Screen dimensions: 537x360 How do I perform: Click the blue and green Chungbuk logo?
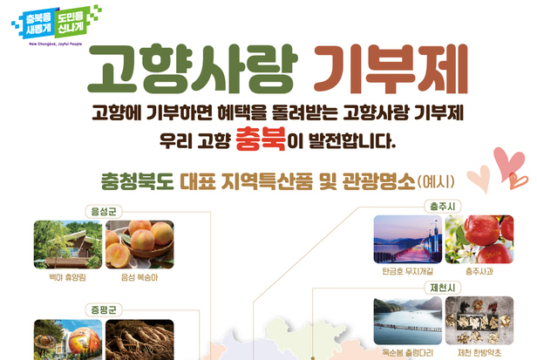click(57, 23)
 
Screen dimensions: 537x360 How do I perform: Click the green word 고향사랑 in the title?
click(193, 69)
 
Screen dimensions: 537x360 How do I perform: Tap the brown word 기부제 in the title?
click(391, 69)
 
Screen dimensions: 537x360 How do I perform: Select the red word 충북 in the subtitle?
click(261, 139)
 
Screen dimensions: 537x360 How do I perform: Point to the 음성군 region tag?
click(104, 211)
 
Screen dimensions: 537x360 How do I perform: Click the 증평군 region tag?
click(104, 309)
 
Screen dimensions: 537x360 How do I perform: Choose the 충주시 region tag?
click(443, 207)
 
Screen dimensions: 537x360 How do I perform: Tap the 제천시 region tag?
click(443, 288)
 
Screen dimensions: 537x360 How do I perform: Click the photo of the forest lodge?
click(68, 245)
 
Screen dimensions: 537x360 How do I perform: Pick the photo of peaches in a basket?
click(139, 245)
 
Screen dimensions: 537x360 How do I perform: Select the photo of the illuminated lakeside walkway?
click(408, 240)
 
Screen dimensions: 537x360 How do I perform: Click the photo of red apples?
click(479, 240)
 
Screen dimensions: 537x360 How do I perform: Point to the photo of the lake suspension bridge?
click(408, 321)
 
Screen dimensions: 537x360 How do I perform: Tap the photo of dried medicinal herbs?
click(479, 321)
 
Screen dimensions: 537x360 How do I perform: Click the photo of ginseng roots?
click(139, 340)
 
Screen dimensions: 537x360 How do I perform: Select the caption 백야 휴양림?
click(67, 277)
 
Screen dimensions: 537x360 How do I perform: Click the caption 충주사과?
click(479, 272)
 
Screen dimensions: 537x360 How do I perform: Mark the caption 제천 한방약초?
click(479, 352)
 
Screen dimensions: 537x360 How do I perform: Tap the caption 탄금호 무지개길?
click(408, 272)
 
